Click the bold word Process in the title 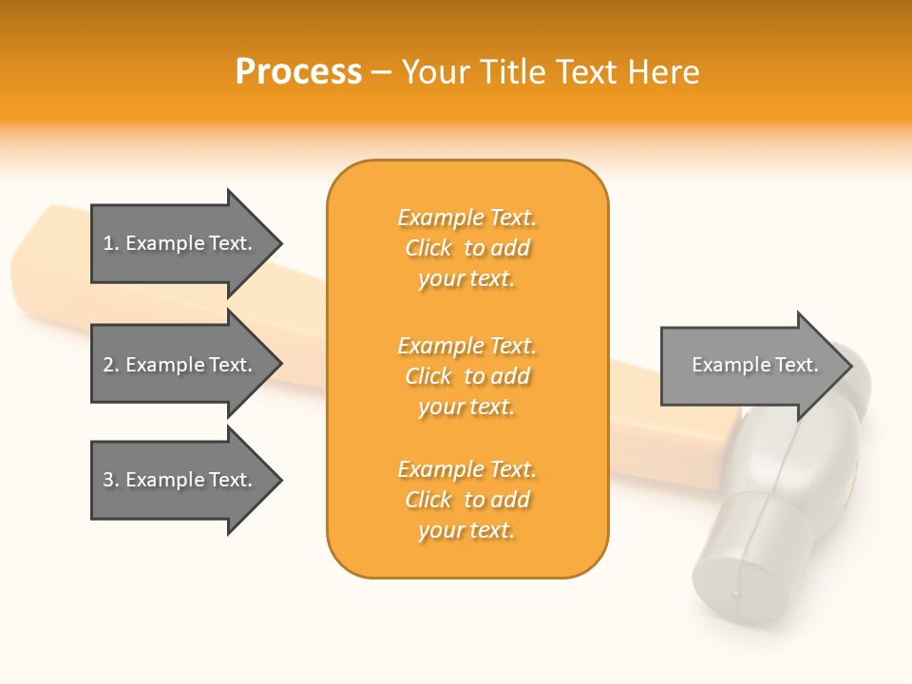click(x=298, y=72)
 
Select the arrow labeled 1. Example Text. click(x=180, y=243)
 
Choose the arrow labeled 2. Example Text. click(x=180, y=365)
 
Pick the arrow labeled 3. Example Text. click(x=180, y=480)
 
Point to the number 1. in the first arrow click(x=111, y=243)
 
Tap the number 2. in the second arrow click(x=111, y=365)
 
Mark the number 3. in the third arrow click(x=111, y=480)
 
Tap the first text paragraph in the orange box click(x=466, y=248)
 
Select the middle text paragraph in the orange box click(x=466, y=376)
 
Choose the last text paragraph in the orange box click(x=466, y=500)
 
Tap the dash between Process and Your click(x=381, y=72)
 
